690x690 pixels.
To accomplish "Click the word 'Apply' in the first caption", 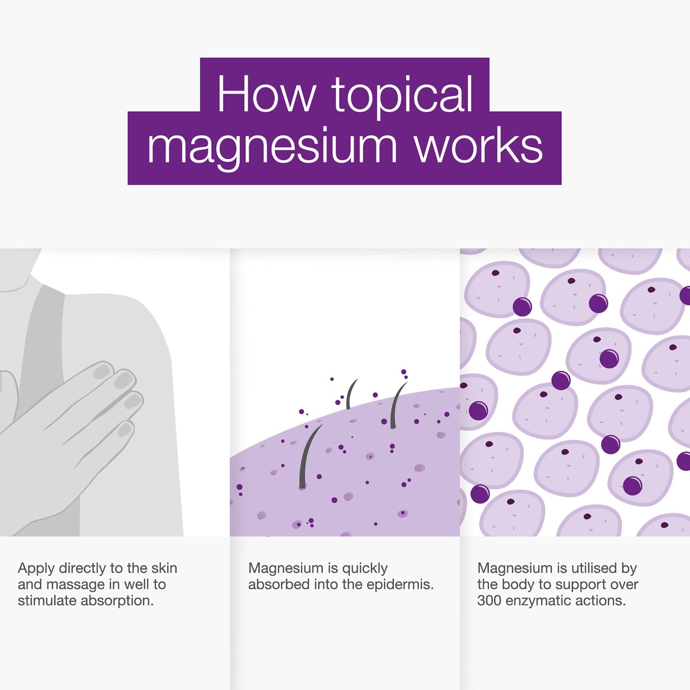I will coord(35,568).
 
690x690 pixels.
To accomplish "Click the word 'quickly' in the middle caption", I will coord(365,568).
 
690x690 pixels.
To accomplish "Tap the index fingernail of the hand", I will coord(102,372).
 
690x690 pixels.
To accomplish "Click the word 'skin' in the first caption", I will coord(164,568).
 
